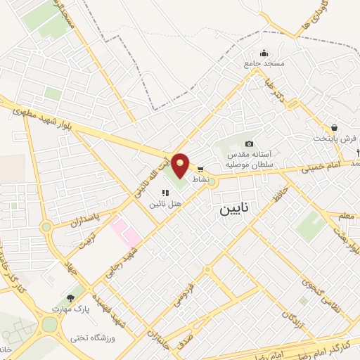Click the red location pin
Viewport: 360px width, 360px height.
[x=181, y=165]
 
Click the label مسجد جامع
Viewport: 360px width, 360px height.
[x=264, y=64]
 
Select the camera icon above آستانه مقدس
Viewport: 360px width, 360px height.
[x=249, y=143]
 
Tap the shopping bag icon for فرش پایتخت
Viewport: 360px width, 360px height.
[x=334, y=128]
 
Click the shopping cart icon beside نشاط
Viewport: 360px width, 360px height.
[x=200, y=169]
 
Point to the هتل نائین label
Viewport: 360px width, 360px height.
[x=165, y=203]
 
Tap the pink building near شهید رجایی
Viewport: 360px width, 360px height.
[x=125, y=233]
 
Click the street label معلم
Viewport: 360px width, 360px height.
[x=346, y=215]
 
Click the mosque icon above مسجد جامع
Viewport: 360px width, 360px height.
[x=264, y=53]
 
